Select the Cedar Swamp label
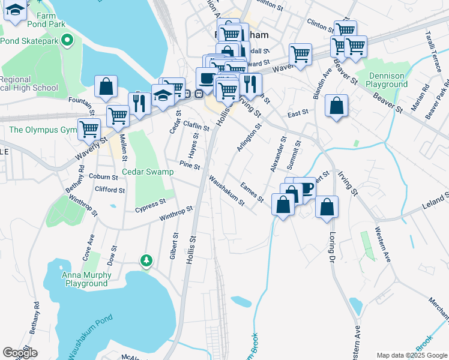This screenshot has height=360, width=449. click(x=148, y=172)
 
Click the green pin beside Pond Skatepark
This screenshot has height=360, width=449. click(x=67, y=41)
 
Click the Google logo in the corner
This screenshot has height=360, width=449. click(x=20, y=353)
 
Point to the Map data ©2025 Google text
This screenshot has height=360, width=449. click(x=411, y=355)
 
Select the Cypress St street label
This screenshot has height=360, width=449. click(x=150, y=205)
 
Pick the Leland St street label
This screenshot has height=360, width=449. click(x=436, y=202)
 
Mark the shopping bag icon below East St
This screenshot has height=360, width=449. click(x=337, y=106)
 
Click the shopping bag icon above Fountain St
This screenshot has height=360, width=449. click(x=106, y=86)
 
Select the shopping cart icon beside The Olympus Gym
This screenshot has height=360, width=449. click(x=89, y=127)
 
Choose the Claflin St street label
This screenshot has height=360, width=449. click(x=196, y=125)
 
